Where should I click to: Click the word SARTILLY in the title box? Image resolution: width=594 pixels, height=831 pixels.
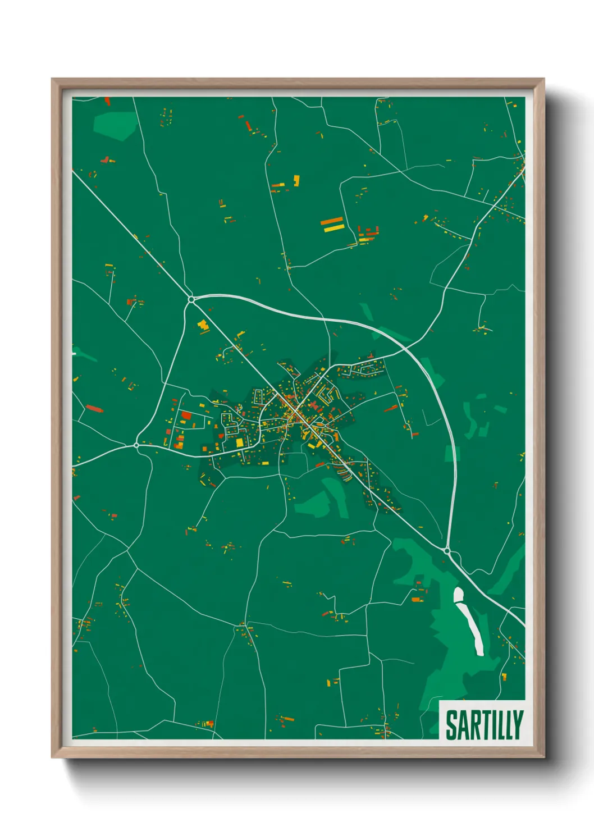tap(484, 725)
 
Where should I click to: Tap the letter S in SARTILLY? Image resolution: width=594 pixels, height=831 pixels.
tap(451, 725)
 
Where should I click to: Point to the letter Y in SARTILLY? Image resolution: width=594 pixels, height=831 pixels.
tap(518, 725)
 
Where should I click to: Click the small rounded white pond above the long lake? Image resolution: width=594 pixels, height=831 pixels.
tap(459, 594)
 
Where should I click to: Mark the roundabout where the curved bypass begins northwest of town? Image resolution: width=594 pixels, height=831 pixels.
tap(191, 299)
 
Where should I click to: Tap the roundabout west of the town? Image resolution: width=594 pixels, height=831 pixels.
tap(136, 445)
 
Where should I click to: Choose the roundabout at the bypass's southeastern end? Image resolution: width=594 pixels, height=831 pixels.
tap(447, 551)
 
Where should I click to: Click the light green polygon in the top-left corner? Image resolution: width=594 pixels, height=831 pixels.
tap(115, 125)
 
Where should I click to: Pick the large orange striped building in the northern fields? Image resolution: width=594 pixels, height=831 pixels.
tap(331, 221)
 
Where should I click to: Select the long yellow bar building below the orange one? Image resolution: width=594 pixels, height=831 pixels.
tap(333, 228)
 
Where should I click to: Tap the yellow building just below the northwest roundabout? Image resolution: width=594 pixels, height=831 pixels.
tap(202, 325)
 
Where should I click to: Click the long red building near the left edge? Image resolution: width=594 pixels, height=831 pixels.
tap(94, 408)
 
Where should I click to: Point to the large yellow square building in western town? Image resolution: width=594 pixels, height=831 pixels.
tap(240, 442)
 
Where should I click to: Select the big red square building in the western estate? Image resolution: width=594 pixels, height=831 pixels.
tap(186, 416)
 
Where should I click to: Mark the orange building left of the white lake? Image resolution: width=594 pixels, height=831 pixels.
tap(416, 600)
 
